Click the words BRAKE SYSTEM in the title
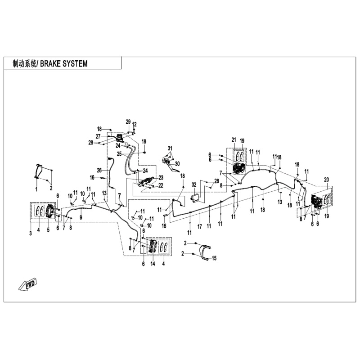pyautogui.click(x=64, y=63)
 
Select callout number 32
pyautogui.click(x=194, y=185)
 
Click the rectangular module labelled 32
pyautogui.click(x=197, y=197)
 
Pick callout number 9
pyautogui.click(x=81, y=217)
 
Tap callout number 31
pyautogui.click(x=170, y=148)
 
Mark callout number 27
pyautogui.click(x=98, y=136)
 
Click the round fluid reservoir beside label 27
pyautogui.click(x=119, y=138)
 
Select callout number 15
pyautogui.click(x=214, y=258)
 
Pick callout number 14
pyautogui.click(x=153, y=264)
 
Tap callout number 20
pyautogui.click(x=327, y=179)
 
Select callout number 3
pyautogui.click(x=31, y=234)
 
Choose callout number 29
pyautogui.click(x=128, y=122)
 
